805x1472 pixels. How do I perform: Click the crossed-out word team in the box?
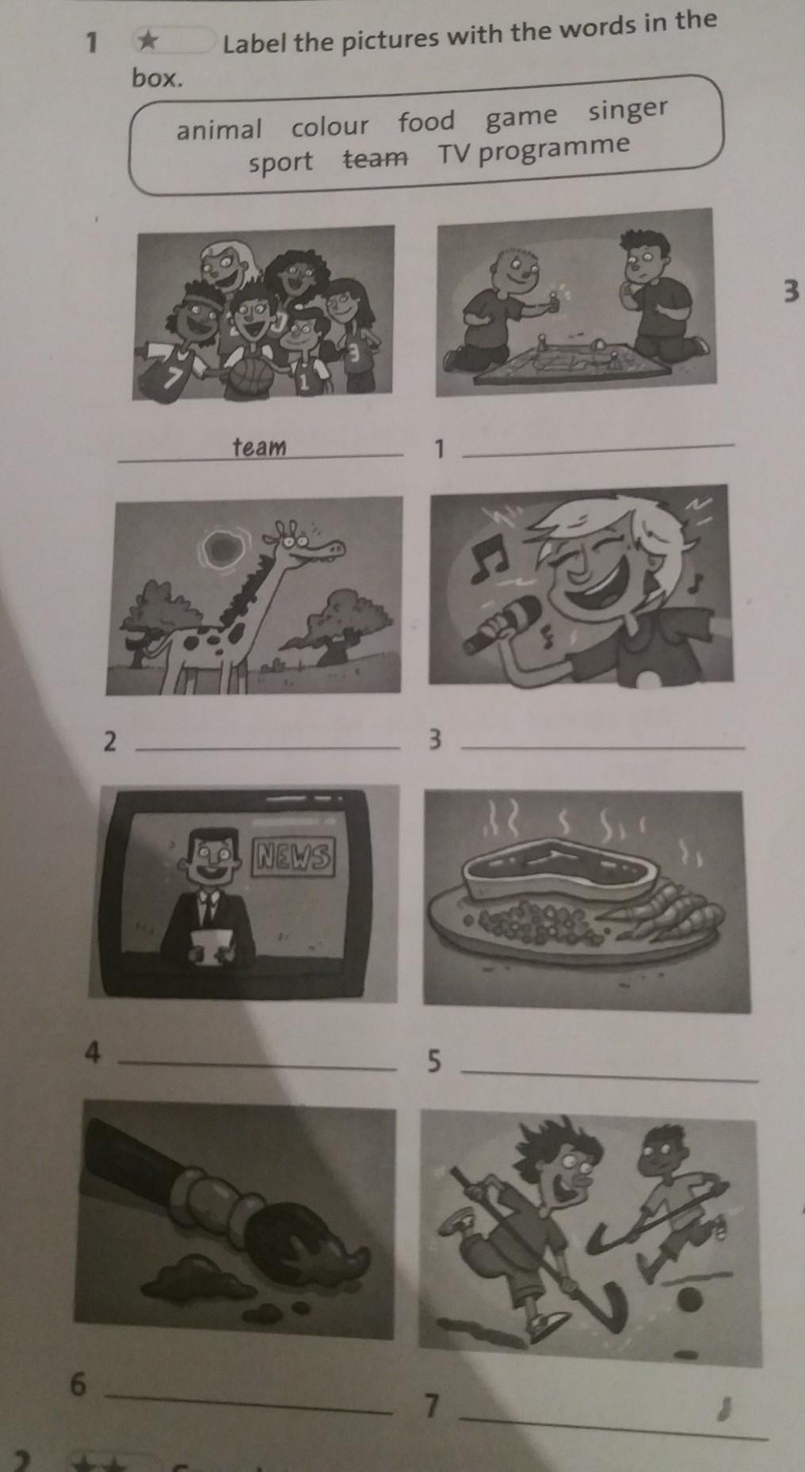376,158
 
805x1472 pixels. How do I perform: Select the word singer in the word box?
628,111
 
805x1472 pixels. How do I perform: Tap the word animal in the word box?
219,129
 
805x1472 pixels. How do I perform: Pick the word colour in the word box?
330,126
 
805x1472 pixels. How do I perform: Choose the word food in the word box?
426,122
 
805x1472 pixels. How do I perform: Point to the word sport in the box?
280,162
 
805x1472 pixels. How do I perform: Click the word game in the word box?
521,117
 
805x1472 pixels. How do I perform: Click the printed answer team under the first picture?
259,447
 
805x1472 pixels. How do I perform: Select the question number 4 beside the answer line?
93,1053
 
